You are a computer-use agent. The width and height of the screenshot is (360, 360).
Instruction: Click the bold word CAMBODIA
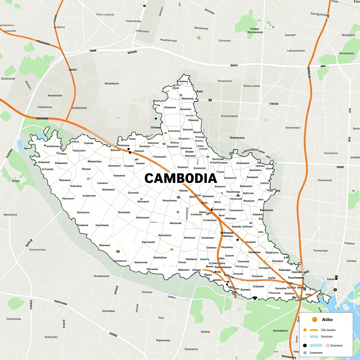[x=180, y=178]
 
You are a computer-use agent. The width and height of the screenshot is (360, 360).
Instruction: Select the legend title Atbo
[x=327, y=320]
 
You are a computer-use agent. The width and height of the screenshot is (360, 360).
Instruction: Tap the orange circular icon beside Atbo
[x=315, y=319]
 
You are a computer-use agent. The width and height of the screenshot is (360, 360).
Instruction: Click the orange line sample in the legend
[x=314, y=330]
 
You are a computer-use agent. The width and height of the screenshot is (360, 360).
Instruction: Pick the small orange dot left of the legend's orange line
[x=305, y=330]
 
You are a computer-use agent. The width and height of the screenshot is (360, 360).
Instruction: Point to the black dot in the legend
[x=305, y=346]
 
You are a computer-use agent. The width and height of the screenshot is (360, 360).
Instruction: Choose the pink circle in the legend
[x=327, y=346]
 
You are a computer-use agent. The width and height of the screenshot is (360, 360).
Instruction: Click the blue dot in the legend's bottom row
[x=305, y=353]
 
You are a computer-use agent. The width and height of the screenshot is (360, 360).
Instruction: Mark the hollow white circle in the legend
[x=305, y=337]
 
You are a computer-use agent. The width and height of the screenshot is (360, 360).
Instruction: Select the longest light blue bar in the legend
[x=316, y=346]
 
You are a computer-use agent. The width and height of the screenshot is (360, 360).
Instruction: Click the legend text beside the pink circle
[x=336, y=346]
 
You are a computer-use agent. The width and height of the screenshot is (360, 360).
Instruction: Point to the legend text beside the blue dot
[x=316, y=353]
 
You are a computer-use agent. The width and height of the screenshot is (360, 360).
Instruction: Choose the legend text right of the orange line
[x=328, y=330]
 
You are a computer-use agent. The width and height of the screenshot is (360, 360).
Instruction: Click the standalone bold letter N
[x=210, y=100]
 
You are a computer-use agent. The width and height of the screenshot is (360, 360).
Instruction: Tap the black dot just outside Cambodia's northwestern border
[x=155, y=118]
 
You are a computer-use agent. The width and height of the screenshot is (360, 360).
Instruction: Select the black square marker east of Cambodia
[x=336, y=278]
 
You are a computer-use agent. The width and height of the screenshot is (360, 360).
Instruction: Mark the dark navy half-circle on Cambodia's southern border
[x=255, y=298]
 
